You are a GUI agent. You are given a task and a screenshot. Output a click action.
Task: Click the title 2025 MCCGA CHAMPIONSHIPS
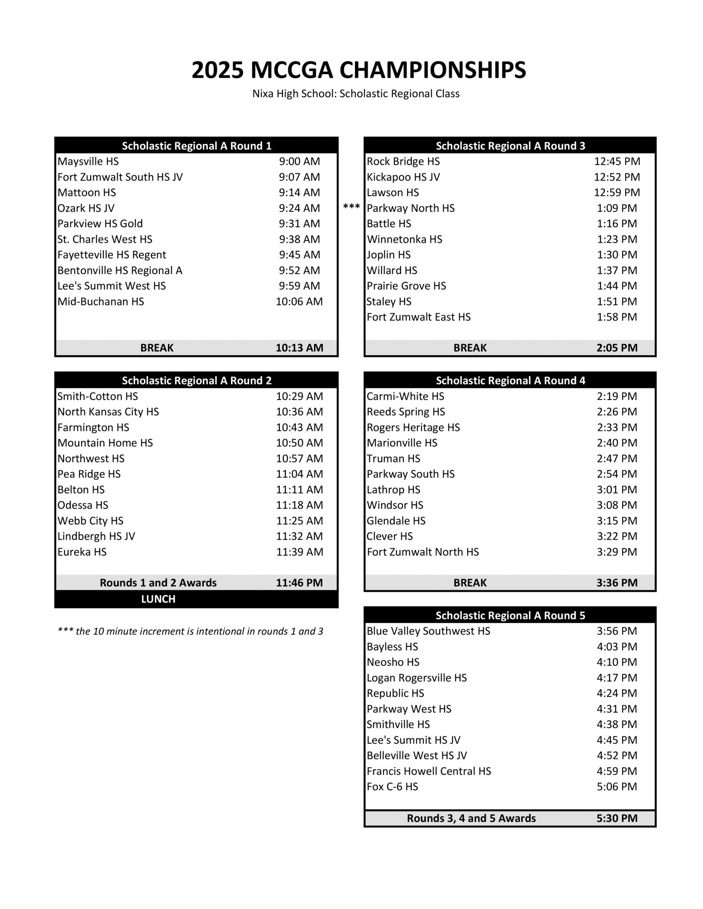(x=359, y=70)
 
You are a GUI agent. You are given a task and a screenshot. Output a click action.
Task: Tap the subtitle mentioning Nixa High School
(x=356, y=94)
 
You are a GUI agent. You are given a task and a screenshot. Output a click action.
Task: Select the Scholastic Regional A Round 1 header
(x=196, y=146)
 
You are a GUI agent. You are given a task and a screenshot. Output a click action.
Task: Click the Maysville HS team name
(x=88, y=162)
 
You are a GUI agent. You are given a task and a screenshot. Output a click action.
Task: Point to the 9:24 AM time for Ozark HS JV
(x=299, y=208)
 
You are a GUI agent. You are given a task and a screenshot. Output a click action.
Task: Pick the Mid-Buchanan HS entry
(x=101, y=302)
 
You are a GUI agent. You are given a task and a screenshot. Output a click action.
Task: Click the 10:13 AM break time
(x=299, y=348)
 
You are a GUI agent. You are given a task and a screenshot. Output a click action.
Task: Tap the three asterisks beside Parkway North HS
(x=351, y=207)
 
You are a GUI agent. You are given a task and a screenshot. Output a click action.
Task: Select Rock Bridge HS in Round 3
(x=403, y=162)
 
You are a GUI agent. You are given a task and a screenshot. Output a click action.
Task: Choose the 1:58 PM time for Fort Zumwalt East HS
(x=617, y=317)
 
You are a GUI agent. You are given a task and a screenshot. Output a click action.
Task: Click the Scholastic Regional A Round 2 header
(x=196, y=381)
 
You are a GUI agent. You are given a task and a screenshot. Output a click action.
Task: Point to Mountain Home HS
(x=105, y=443)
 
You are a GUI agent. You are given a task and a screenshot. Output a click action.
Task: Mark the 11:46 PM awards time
(x=299, y=583)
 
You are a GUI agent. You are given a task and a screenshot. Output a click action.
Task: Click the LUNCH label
(x=158, y=599)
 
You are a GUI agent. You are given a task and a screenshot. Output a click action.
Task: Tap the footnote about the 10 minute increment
(x=191, y=632)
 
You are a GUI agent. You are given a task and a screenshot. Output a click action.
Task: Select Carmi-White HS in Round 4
(x=405, y=396)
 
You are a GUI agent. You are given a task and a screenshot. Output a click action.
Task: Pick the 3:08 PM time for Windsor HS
(x=617, y=505)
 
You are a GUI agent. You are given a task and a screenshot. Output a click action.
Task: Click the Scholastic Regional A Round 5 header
(x=510, y=616)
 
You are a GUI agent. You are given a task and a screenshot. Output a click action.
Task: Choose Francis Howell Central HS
(x=429, y=771)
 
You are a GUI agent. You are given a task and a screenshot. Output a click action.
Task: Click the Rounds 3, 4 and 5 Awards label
(x=471, y=818)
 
